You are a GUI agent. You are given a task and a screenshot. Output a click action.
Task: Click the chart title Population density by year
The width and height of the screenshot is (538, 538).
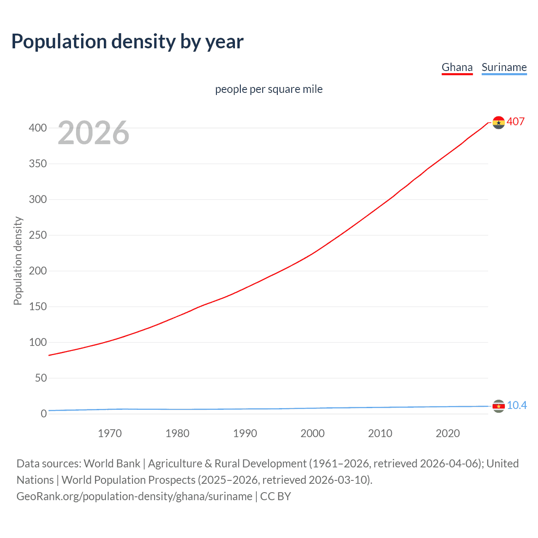127,42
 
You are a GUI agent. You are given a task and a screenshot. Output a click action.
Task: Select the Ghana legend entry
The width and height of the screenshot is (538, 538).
457,67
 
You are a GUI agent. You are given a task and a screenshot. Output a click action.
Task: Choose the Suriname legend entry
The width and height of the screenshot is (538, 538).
504,67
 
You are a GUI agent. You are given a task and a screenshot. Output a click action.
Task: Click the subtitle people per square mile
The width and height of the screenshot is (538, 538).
269,89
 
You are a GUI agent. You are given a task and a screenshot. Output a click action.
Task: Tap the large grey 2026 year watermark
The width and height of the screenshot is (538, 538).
93,133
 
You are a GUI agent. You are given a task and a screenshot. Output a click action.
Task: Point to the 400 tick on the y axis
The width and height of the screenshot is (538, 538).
38,128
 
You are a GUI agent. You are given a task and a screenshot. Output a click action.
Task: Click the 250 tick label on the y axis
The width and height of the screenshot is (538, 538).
38,235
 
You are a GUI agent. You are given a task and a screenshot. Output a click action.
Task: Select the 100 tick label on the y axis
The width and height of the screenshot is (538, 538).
38,342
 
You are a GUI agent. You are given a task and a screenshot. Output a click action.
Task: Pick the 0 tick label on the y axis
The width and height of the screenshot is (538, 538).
44,414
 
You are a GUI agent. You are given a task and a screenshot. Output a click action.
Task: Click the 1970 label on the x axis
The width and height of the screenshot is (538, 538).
110,433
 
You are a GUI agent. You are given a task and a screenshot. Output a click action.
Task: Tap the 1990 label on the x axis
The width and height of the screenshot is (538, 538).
245,433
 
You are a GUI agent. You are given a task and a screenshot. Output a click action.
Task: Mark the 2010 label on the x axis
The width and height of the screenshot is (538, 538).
380,433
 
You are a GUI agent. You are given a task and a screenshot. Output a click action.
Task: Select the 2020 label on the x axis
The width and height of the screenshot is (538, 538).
448,433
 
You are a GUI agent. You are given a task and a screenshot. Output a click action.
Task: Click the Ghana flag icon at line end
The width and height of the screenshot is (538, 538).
498,122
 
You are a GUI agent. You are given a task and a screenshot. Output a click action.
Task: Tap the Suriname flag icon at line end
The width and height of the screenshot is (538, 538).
498,406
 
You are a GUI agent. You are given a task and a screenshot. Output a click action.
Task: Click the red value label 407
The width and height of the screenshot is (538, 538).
516,121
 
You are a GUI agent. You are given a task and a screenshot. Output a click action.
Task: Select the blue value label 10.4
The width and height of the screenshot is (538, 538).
517,405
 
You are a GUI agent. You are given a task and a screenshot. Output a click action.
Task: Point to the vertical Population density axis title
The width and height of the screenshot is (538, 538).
18,261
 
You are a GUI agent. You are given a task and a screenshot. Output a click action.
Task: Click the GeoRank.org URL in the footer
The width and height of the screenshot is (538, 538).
134,496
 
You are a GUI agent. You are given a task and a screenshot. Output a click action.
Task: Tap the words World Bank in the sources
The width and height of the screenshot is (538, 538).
112,464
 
